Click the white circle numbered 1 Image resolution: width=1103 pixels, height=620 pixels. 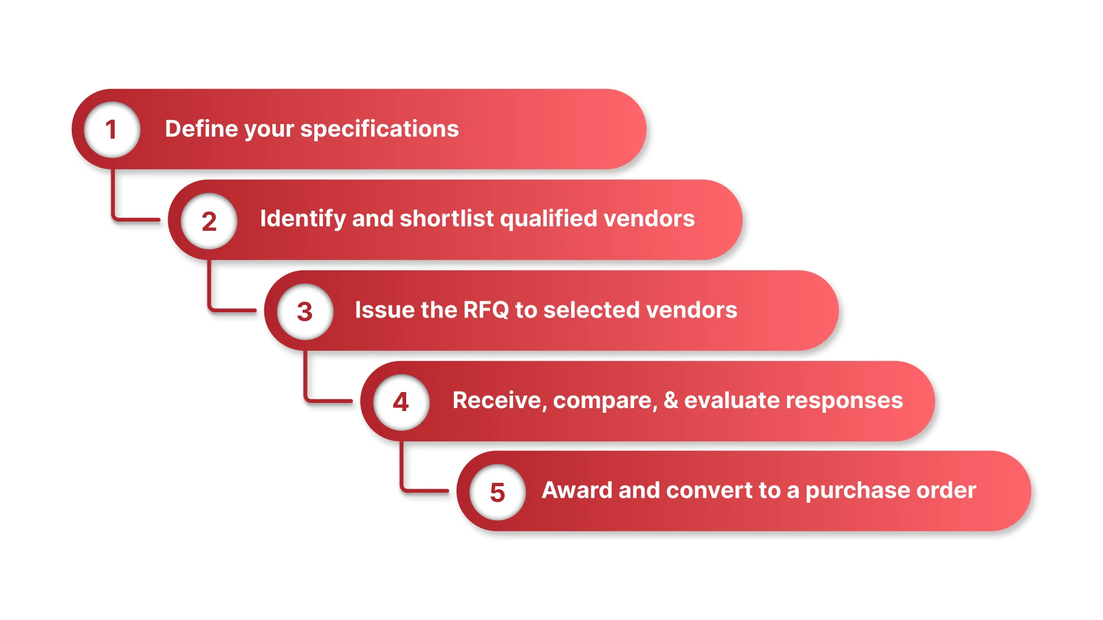coord(112,129)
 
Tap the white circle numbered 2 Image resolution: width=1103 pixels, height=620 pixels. coord(209,220)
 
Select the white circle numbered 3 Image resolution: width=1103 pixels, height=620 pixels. coord(305,311)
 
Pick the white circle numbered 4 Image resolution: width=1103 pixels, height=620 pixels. coord(401,401)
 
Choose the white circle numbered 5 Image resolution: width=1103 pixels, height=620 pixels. coord(497,492)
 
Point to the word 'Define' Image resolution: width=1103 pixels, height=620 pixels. coord(201,129)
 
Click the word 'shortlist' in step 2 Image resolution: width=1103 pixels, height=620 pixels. coord(446,219)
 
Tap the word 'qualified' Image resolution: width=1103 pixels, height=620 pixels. coord(549,219)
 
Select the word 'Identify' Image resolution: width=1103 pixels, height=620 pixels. coord(303,219)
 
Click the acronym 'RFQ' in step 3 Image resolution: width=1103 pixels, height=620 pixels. coord(486,310)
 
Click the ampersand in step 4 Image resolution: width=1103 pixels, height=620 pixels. coord(670,400)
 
